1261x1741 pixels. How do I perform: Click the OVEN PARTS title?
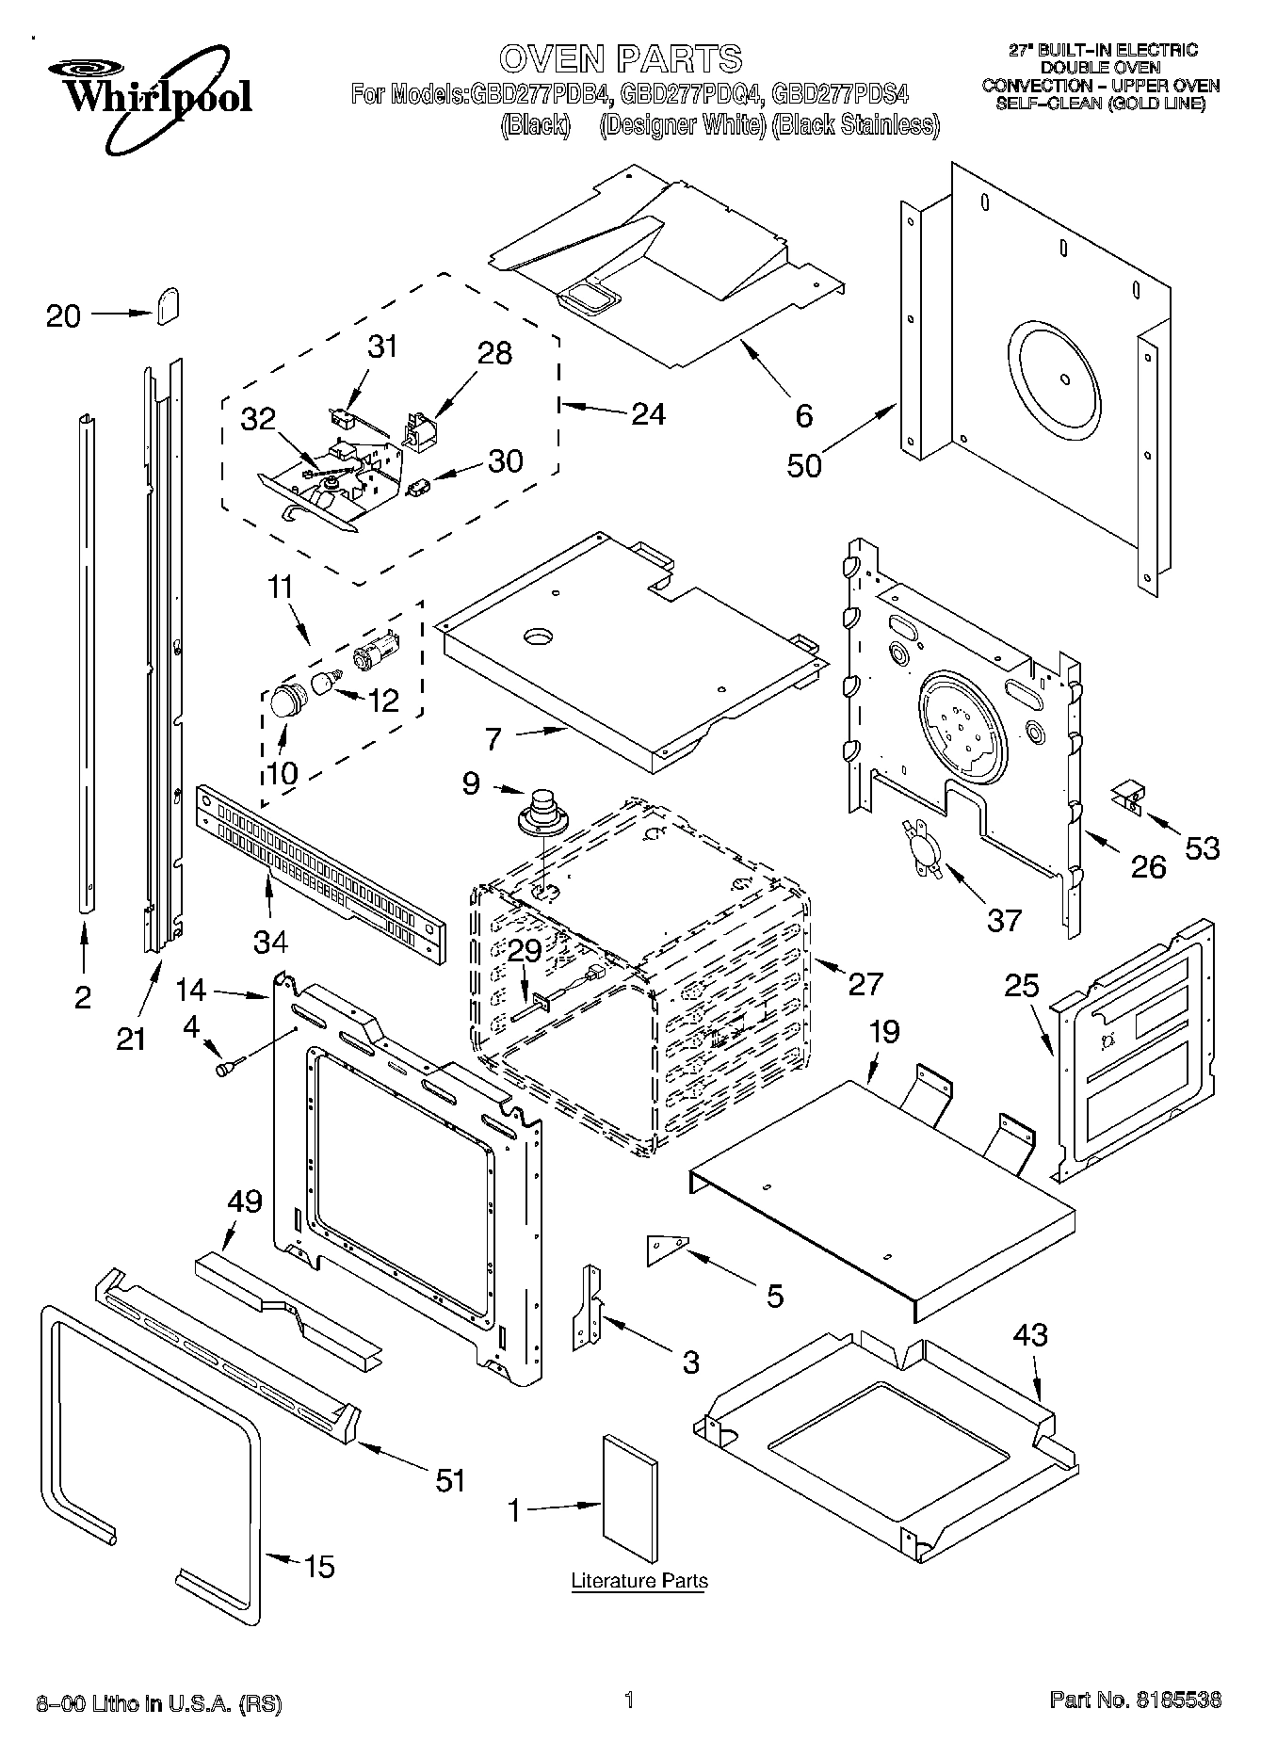621,58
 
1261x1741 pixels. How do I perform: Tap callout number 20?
63,316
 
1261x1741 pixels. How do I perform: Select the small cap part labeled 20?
168,306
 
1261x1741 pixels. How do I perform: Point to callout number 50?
803,464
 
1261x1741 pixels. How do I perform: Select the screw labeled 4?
229,1067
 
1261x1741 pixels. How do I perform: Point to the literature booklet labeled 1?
628,1491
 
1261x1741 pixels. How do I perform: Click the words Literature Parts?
639,1580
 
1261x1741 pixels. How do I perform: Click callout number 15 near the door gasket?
320,1567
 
